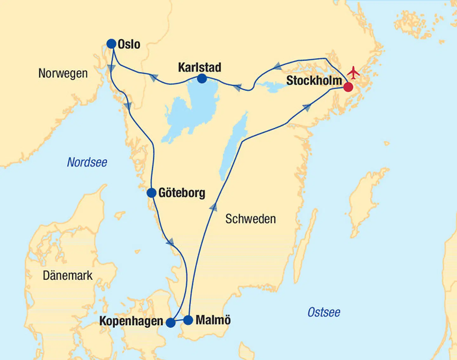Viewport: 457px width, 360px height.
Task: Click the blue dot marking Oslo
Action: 111,44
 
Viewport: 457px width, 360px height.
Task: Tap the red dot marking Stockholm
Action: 348,87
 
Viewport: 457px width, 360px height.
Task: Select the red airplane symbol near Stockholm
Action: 353,73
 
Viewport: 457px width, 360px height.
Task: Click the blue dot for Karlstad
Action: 202,78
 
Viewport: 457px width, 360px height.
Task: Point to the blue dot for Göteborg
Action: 152,193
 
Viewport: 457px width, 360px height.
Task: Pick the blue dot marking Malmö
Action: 188,320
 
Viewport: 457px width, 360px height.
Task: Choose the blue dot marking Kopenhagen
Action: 171,323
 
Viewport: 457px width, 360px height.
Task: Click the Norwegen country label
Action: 63,73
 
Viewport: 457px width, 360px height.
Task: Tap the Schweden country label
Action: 250,219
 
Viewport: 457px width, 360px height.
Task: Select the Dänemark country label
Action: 68,276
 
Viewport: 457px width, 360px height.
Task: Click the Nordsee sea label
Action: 87,162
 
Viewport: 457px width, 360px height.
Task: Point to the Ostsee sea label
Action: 324,312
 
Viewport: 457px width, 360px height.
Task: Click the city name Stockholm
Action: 314,81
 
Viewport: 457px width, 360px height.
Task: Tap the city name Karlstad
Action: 200,67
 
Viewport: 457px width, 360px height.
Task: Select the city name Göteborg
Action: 182,193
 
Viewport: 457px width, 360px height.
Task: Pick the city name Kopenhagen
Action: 131,321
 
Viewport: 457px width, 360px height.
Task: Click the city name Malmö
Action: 213,320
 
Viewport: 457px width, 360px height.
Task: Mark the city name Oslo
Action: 129,44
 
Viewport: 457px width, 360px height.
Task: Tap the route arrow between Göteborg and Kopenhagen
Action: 170,242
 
